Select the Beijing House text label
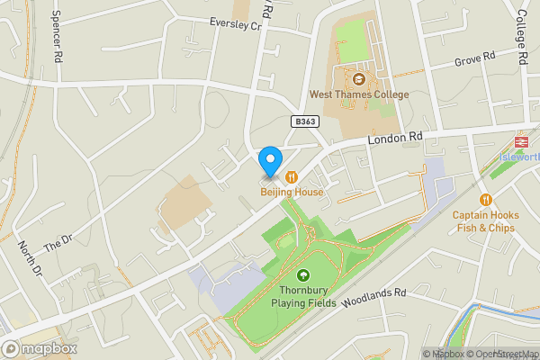pos(292,192)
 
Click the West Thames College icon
pos(358,78)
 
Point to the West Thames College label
pos(358,94)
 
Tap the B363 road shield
pos(304,121)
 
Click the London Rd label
pos(394,139)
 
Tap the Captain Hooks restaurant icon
pos(486,200)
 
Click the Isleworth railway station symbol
pos(520,141)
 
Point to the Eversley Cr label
pos(234,24)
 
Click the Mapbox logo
pos(40,348)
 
